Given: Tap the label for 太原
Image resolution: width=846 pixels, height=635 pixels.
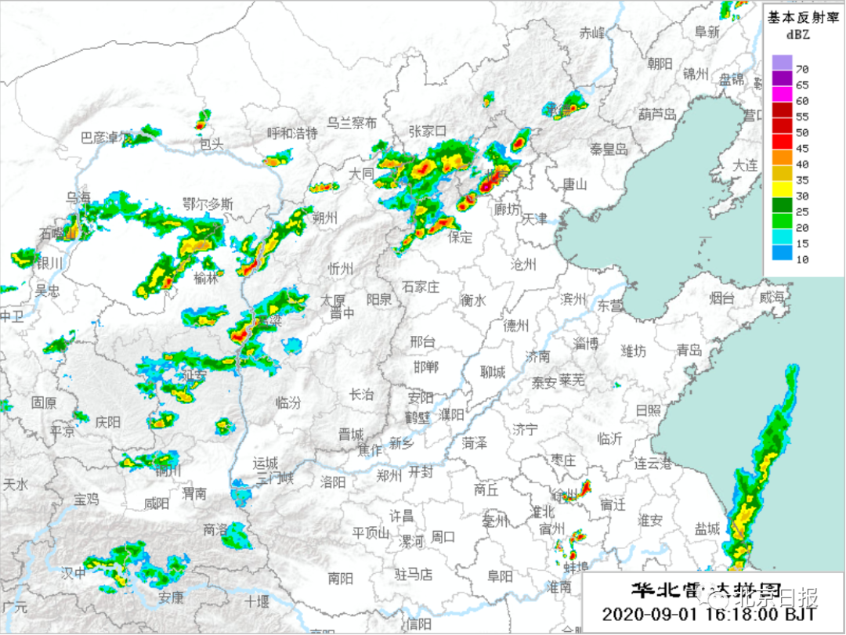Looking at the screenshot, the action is point(334,300).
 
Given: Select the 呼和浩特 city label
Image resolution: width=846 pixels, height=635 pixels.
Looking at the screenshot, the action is point(292,133).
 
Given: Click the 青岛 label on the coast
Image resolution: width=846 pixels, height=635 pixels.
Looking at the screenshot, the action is point(689,350).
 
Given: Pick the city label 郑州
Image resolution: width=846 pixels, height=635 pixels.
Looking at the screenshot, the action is point(389,474).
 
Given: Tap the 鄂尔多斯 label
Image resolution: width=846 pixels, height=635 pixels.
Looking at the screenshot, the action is point(207,204).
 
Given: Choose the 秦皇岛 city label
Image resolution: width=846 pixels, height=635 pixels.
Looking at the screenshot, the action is point(609,149).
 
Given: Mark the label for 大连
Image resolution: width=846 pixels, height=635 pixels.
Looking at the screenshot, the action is point(745,165).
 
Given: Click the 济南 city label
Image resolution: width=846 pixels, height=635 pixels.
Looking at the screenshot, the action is point(538,357).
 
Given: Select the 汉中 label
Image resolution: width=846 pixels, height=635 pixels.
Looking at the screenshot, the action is point(74,573).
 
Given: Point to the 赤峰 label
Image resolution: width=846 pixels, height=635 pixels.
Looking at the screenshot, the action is point(592,33).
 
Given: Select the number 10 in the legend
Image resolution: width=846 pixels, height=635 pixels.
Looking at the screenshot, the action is point(802,259).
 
